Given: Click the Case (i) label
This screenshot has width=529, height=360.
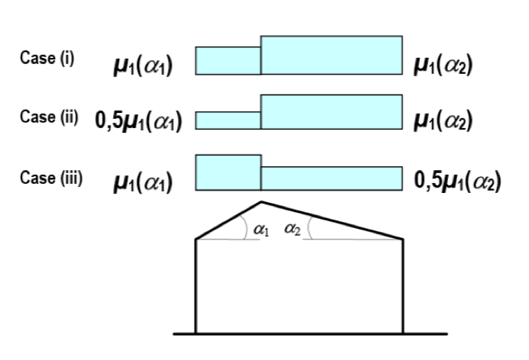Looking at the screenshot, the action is click(47, 58).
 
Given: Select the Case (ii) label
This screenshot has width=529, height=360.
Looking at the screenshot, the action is click(49, 117).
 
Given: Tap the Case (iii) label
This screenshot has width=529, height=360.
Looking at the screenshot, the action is click(51, 178).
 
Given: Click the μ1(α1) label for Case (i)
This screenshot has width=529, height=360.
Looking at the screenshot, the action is click(143, 65).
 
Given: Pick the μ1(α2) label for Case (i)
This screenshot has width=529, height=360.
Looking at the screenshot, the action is click(443, 65).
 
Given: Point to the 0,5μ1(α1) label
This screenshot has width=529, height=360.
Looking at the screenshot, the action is click(139, 121).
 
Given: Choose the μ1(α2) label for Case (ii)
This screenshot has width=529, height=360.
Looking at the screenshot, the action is click(443, 121).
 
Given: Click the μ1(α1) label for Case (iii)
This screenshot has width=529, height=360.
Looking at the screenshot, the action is click(143, 182).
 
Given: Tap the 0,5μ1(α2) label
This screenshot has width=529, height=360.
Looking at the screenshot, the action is click(457, 181).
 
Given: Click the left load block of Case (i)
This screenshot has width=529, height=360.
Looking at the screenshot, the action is click(228, 61).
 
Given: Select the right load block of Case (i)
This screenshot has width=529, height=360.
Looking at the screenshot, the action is click(331, 55).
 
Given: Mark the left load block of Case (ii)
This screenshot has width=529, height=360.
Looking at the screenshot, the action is click(228, 121).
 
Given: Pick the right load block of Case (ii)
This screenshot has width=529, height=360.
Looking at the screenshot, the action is click(331, 112).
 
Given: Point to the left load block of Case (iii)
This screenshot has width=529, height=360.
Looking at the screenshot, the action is click(228, 172).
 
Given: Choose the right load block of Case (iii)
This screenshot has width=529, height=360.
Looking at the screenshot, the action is click(331, 178).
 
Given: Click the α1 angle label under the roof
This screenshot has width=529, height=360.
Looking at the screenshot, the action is click(261, 230).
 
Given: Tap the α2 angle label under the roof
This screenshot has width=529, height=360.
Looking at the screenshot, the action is click(292, 230).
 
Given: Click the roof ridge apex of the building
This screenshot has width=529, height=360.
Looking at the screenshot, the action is click(261, 202).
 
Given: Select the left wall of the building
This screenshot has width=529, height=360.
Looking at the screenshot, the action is click(195, 286).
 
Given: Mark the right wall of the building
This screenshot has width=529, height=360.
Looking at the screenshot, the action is click(403, 286).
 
